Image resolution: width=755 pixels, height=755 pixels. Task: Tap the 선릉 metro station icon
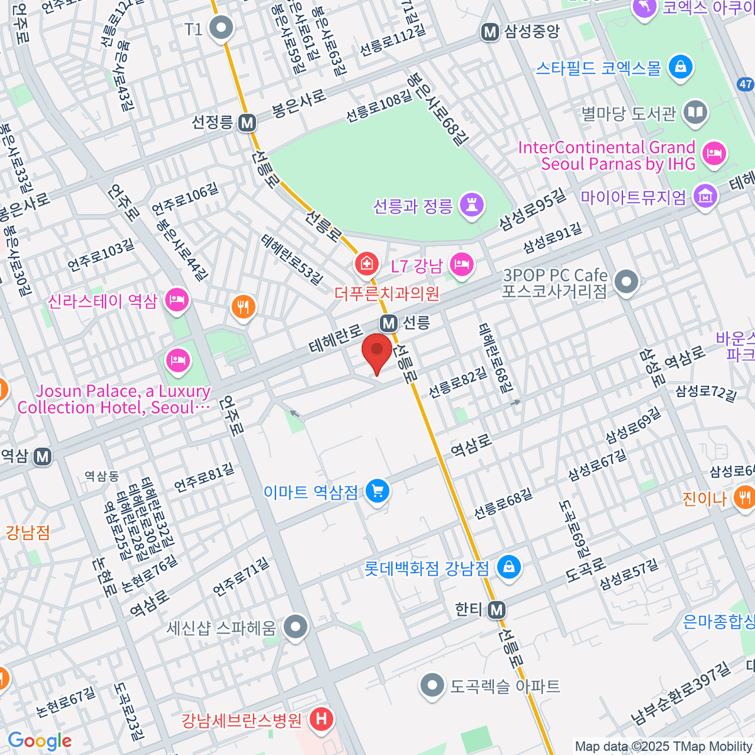[x=389, y=323]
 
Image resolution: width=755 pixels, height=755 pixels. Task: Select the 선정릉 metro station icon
[x=247, y=123]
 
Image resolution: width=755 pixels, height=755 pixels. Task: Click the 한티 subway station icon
[x=497, y=610]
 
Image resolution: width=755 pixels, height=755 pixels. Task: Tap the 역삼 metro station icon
[x=43, y=456]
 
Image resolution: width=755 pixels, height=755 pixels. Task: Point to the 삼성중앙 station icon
[x=490, y=32]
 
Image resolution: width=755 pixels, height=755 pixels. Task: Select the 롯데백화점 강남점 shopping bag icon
[x=508, y=568]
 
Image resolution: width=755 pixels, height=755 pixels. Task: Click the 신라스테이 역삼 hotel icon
[x=177, y=300]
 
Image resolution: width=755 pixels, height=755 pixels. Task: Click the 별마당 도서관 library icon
[x=695, y=113]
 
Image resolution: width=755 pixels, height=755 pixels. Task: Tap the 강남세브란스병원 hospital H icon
[x=322, y=719]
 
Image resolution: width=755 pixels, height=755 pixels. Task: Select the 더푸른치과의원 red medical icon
[x=366, y=264]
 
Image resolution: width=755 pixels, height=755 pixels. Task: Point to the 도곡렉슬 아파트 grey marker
[x=432, y=685]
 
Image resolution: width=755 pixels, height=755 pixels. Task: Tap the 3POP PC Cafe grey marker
[x=626, y=282]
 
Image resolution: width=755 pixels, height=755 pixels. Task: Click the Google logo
[x=40, y=741]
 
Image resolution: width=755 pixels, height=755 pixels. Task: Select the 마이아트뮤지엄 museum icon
[x=705, y=197]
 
